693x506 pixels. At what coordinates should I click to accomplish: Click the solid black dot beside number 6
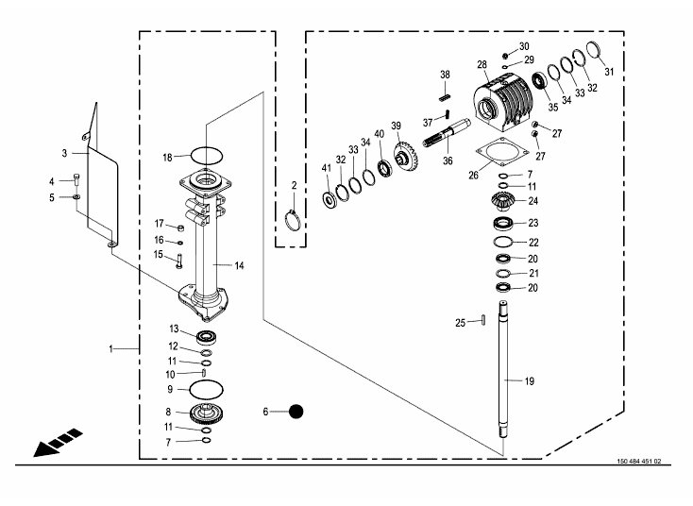(x=296, y=412)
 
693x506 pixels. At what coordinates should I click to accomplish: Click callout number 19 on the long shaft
(x=529, y=380)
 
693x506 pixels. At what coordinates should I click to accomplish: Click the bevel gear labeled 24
(x=502, y=201)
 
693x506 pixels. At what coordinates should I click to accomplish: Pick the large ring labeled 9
(x=207, y=388)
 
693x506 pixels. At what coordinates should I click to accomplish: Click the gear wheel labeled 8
(x=207, y=412)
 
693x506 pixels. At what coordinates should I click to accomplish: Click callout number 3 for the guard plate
(x=64, y=153)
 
